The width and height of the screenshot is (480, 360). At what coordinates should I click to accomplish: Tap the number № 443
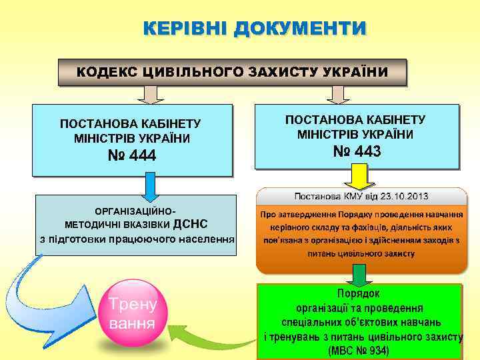click(357, 152)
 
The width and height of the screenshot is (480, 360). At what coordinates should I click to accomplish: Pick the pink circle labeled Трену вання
click(137, 315)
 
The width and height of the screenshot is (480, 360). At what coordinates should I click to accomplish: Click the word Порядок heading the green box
click(359, 293)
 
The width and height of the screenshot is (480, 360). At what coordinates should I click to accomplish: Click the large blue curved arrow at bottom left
click(47, 300)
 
